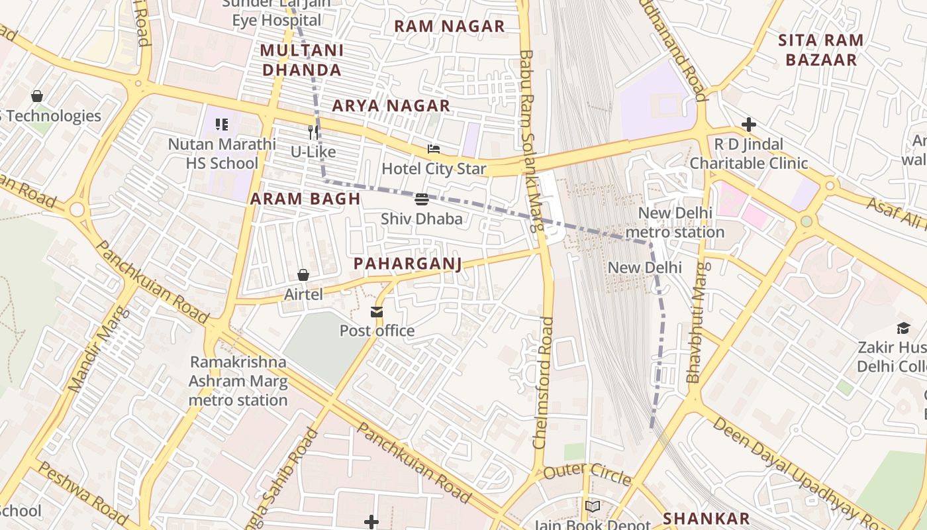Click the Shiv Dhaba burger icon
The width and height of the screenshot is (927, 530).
(x=422, y=199)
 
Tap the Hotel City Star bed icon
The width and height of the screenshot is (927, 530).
(x=434, y=149)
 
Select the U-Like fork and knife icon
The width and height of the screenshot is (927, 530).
(x=313, y=132)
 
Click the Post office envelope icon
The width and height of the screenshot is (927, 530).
(x=377, y=311)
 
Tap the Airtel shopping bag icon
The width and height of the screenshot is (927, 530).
(x=303, y=274)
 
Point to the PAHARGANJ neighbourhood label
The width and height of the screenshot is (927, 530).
(x=407, y=264)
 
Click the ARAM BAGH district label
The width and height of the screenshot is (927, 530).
(x=305, y=199)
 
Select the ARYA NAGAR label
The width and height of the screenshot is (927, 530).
(x=391, y=106)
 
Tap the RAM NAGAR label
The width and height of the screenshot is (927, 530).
(x=450, y=26)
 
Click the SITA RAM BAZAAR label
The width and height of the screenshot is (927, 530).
(x=821, y=50)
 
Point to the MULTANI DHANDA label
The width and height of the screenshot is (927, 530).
(x=301, y=60)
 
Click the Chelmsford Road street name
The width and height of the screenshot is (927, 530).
(x=543, y=382)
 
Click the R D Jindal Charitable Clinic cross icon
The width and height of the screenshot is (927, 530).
(x=749, y=125)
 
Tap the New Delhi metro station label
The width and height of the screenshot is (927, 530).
(x=675, y=223)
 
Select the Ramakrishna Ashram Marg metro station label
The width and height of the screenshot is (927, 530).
(x=238, y=381)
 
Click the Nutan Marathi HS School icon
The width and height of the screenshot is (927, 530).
(x=222, y=124)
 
